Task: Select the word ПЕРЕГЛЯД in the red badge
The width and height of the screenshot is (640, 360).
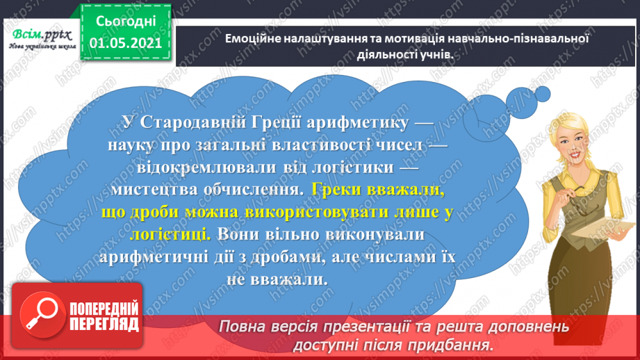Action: point(104,324)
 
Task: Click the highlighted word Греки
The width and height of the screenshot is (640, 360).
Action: point(336,188)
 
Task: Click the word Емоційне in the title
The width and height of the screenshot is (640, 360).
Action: point(254,40)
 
